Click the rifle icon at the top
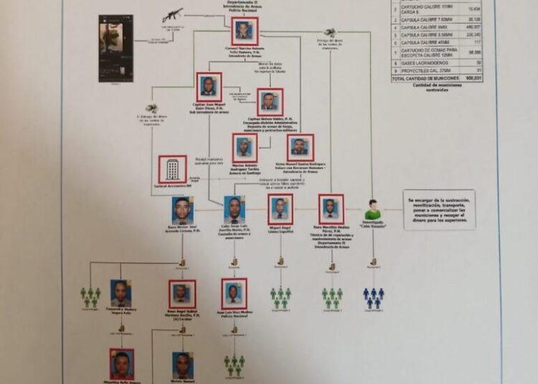(172, 14)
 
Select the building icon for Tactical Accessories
(172, 169)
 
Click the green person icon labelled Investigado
(373, 210)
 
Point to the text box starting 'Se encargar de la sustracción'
(440, 210)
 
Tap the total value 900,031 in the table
(471, 77)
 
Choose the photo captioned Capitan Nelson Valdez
(270, 102)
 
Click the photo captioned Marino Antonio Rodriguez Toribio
(244, 148)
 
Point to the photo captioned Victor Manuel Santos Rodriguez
(300, 148)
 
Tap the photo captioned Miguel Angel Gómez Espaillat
(280, 208)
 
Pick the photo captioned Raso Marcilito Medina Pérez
(331, 208)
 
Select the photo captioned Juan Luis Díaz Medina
(234, 293)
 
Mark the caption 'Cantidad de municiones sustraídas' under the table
(438, 88)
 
